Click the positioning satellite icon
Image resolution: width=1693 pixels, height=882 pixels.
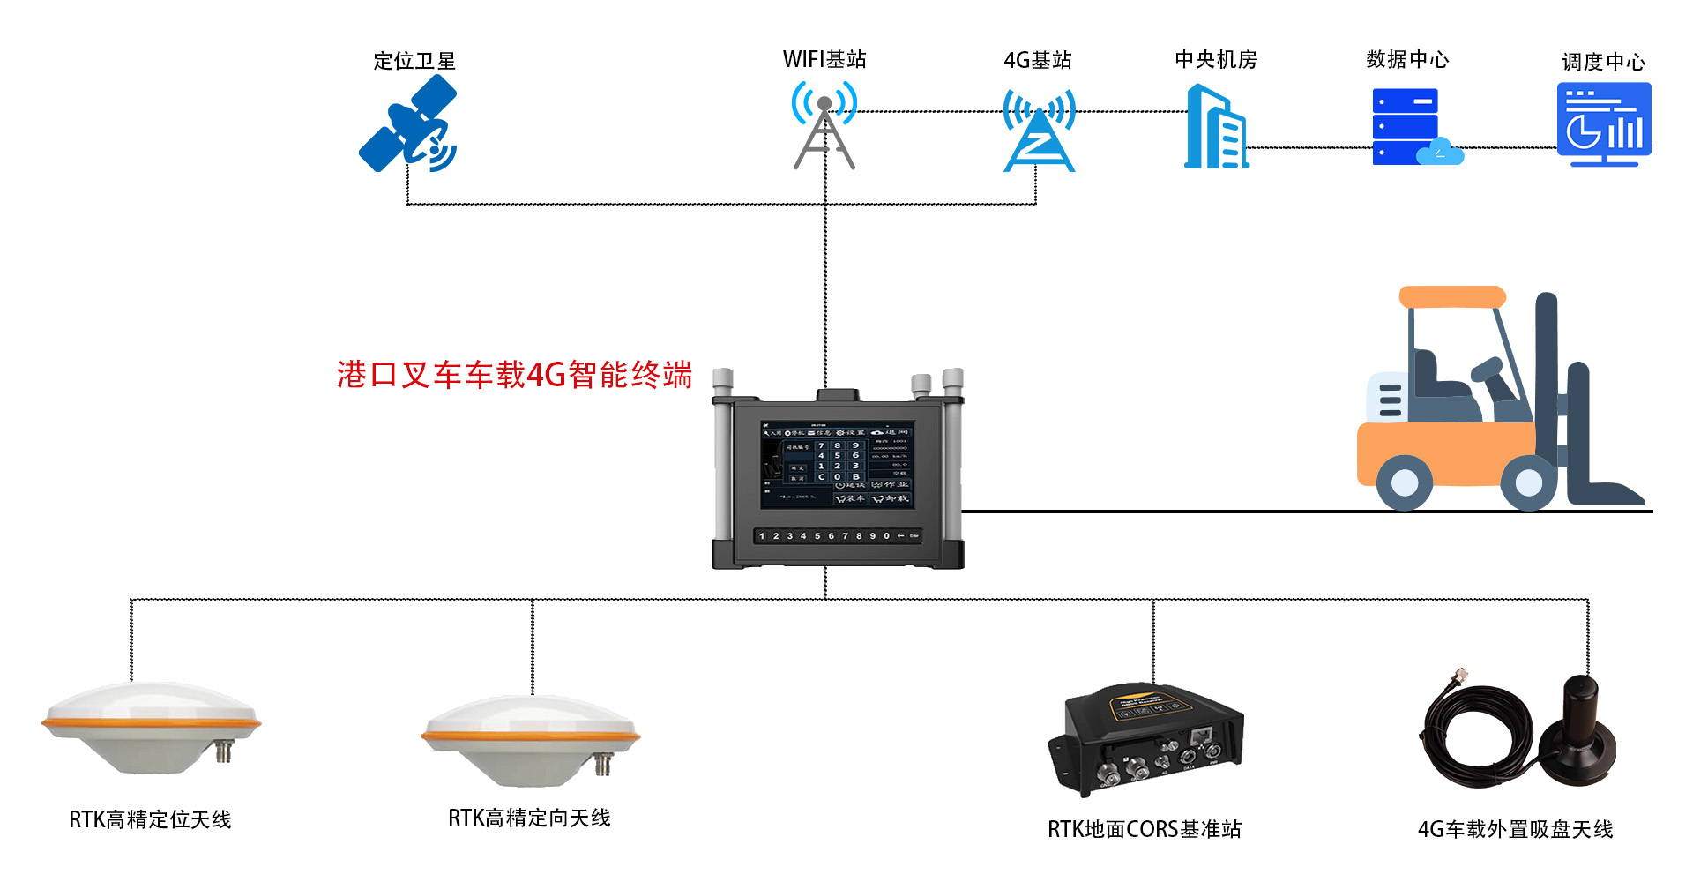point(408,124)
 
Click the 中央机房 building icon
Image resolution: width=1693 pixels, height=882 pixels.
point(1216,128)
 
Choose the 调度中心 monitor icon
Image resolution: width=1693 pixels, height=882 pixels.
point(1604,124)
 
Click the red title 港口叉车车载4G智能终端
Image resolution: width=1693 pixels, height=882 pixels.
point(514,375)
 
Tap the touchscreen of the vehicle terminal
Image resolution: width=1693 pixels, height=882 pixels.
point(837,464)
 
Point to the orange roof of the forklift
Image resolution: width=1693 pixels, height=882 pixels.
point(1452,297)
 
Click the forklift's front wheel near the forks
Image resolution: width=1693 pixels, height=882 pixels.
point(1528,482)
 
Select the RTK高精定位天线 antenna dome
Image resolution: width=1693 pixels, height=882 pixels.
point(151,725)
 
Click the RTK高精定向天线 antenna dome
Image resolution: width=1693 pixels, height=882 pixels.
point(531,739)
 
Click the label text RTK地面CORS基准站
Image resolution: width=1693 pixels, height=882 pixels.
point(1144,830)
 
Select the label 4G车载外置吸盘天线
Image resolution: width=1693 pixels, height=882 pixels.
point(1515,830)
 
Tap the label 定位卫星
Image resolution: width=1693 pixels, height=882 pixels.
point(414,61)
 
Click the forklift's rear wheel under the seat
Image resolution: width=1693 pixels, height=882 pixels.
point(1404,482)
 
